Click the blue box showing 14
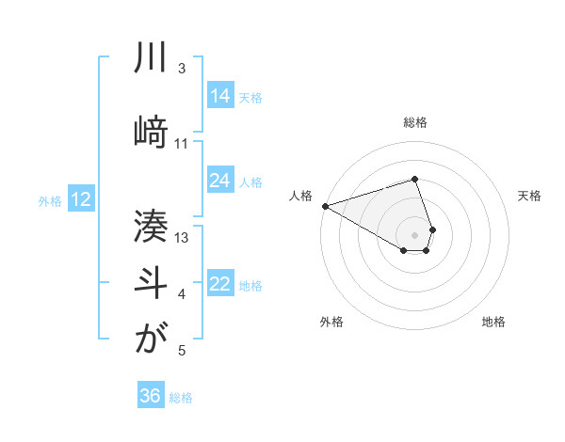coord(220,95)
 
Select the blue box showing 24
coord(220,181)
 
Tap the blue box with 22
coord(220,284)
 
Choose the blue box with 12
coord(81,199)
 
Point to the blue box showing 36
coord(151,396)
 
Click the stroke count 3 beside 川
coord(182,70)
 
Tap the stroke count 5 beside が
coord(182,351)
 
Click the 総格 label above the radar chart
coord(415,122)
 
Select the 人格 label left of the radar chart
coord(301,196)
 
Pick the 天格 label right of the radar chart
coord(529,196)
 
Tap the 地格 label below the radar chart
coord(493,322)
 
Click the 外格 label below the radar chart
coord(331,322)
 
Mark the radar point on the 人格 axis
coord(325,206)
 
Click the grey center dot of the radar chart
coord(415,234)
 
